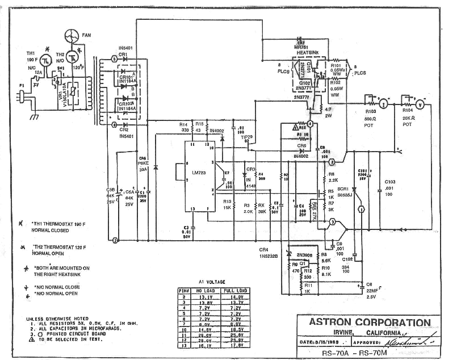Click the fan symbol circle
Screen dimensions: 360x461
pos(72,35)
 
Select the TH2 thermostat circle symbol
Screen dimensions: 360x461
pos(73,56)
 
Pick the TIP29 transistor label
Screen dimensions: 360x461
pos(246,137)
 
